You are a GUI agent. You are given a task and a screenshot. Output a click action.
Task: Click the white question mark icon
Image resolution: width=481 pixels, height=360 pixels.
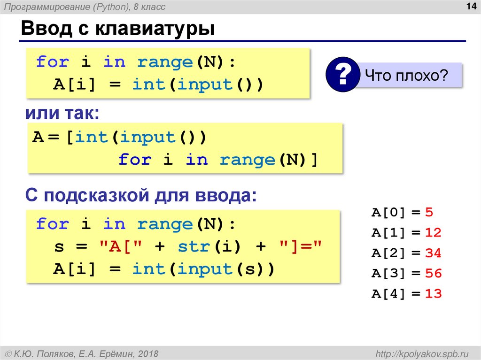tap(342, 75)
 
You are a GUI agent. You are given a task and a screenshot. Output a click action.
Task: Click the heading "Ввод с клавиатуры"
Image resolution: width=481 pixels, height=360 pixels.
tap(117, 29)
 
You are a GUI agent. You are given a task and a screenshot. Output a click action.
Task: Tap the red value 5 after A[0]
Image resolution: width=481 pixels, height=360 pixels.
tap(428, 212)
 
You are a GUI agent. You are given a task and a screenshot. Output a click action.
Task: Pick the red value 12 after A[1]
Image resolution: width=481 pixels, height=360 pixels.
tap(433, 233)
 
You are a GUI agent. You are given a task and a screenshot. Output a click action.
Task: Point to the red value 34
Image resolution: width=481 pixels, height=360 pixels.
tap(433, 253)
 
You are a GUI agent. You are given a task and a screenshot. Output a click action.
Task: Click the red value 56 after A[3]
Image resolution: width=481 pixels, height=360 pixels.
tap(433, 274)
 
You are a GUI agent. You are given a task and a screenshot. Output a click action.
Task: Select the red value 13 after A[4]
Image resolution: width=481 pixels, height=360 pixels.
tap(433, 294)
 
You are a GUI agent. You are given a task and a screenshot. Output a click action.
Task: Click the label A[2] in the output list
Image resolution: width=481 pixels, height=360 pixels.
tap(388, 253)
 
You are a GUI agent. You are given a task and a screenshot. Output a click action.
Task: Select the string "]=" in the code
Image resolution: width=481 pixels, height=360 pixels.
tap(301, 247)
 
